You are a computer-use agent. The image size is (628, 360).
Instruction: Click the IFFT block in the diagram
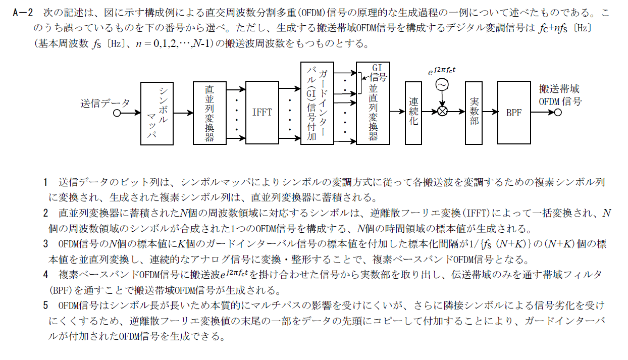pyautogui.click(x=262, y=113)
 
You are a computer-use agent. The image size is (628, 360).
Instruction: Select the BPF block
pyautogui.click(x=514, y=113)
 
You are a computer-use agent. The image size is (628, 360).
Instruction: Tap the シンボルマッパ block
pyautogui.click(x=158, y=113)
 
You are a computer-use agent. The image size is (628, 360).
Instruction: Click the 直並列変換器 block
pyautogui.click(x=210, y=113)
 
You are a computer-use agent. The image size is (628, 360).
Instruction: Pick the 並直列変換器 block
pyautogui.click(x=373, y=104)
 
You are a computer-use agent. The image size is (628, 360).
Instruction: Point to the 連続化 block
pyautogui.click(x=414, y=113)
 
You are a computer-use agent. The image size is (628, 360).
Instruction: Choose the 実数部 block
pyautogui.click(x=474, y=113)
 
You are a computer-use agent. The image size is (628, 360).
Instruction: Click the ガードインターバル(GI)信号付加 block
pyautogui.click(x=317, y=104)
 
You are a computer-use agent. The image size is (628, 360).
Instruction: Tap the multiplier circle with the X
pyautogui.click(x=443, y=112)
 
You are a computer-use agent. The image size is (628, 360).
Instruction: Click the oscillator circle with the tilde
pyautogui.click(x=442, y=85)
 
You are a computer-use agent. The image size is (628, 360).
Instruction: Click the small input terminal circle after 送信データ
pyautogui.click(x=117, y=113)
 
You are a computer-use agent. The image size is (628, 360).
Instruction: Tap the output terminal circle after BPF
pyautogui.click(x=558, y=113)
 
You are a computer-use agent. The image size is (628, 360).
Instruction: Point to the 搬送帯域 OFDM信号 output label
pyautogui.click(x=560, y=95)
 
